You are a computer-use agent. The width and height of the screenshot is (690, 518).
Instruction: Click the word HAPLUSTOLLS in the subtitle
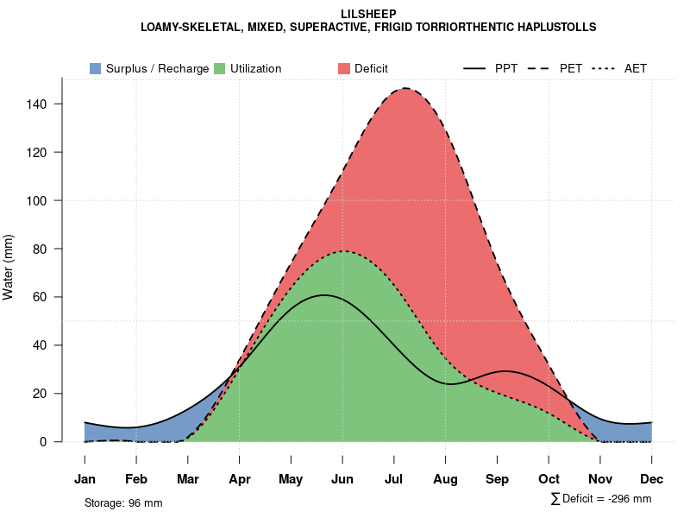tap(549, 28)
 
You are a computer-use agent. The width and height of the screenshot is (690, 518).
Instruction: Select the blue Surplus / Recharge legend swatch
tap(95, 68)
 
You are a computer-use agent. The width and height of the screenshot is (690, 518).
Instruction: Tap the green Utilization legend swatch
tap(219, 68)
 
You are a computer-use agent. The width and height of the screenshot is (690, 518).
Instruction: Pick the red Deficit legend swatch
tap(344, 68)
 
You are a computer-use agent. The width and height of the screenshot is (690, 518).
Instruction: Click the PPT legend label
tap(506, 68)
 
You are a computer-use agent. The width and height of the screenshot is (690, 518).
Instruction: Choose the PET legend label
tap(571, 68)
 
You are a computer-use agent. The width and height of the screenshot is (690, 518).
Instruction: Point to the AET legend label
tap(636, 68)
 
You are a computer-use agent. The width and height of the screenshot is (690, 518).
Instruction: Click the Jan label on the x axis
tap(85, 479)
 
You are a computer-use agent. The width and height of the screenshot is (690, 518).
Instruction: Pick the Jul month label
tap(394, 479)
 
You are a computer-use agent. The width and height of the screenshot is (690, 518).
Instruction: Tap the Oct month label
tap(549, 479)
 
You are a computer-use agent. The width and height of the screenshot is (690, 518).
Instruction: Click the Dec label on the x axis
tap(652, 479)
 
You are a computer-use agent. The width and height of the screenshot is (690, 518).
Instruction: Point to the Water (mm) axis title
tap(9, 268)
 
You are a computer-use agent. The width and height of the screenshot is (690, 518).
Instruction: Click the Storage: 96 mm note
tap(123, 502)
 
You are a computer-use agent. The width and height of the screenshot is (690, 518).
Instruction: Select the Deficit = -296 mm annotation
tap(601, 499)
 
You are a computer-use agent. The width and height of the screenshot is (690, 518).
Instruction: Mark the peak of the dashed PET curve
tap(404, 88)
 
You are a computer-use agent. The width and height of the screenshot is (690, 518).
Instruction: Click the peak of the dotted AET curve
tap(344, 251)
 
